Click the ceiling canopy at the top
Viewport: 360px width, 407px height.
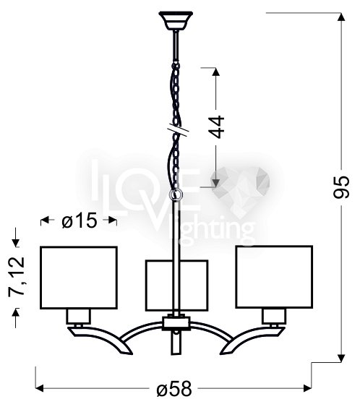(176, 20)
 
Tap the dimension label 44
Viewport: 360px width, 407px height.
(217, 127)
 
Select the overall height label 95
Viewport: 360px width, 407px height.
(342, 187)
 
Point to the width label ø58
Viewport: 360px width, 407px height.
(174, 389)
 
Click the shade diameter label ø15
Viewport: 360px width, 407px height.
(80, 220)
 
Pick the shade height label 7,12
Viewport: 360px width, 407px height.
(17, 277)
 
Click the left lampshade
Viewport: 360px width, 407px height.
(79, 278)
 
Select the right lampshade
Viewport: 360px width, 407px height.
(274, 277)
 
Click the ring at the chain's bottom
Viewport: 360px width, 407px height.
(176, 194)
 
